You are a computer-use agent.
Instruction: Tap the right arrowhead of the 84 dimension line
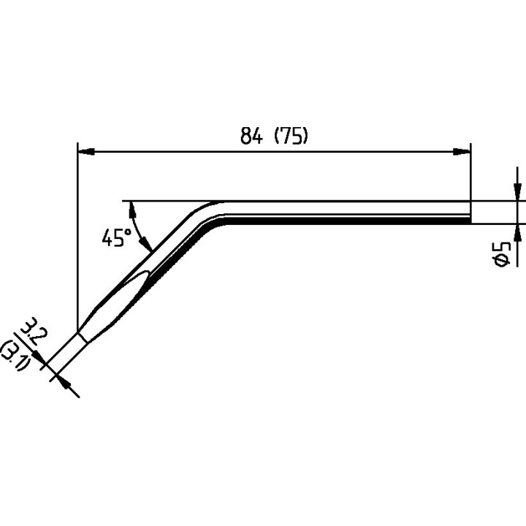[x=462, y=152]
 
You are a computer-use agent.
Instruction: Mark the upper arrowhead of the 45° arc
[x=131, y=209]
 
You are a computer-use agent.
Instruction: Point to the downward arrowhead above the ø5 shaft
[x=517, y=192]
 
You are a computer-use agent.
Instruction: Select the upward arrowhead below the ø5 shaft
[x=517, y=231]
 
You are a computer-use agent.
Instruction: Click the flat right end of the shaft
[x=470, y=211]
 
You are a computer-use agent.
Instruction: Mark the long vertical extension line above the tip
[x=77, y=234]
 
